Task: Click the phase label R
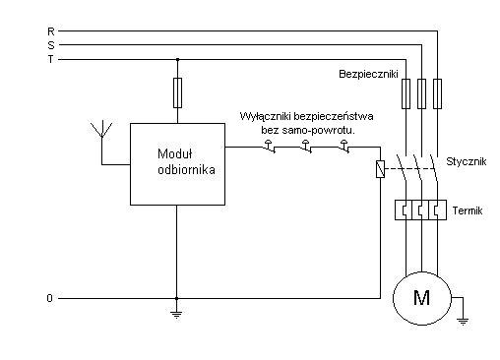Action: [51, 31]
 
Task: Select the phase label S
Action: [51, 45]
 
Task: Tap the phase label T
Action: [50, 59]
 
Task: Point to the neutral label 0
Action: [49, 298]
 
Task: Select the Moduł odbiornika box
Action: [177, 164]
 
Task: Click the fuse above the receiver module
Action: [177, 92]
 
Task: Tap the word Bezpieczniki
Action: [368, 74]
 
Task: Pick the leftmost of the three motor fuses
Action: [406, 93]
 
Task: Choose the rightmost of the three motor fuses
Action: [437, 93]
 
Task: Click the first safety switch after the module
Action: [269, 147]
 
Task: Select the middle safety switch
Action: [306, 147]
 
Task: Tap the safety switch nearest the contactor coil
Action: [344, 147]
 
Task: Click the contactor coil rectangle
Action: [380, 169]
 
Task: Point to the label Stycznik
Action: [466, 161]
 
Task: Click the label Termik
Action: [468, 210]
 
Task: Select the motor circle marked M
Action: [422, 298]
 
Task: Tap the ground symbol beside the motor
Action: [463, 321]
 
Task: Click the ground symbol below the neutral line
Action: [176, 315]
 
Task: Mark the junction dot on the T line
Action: [177, 60]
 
